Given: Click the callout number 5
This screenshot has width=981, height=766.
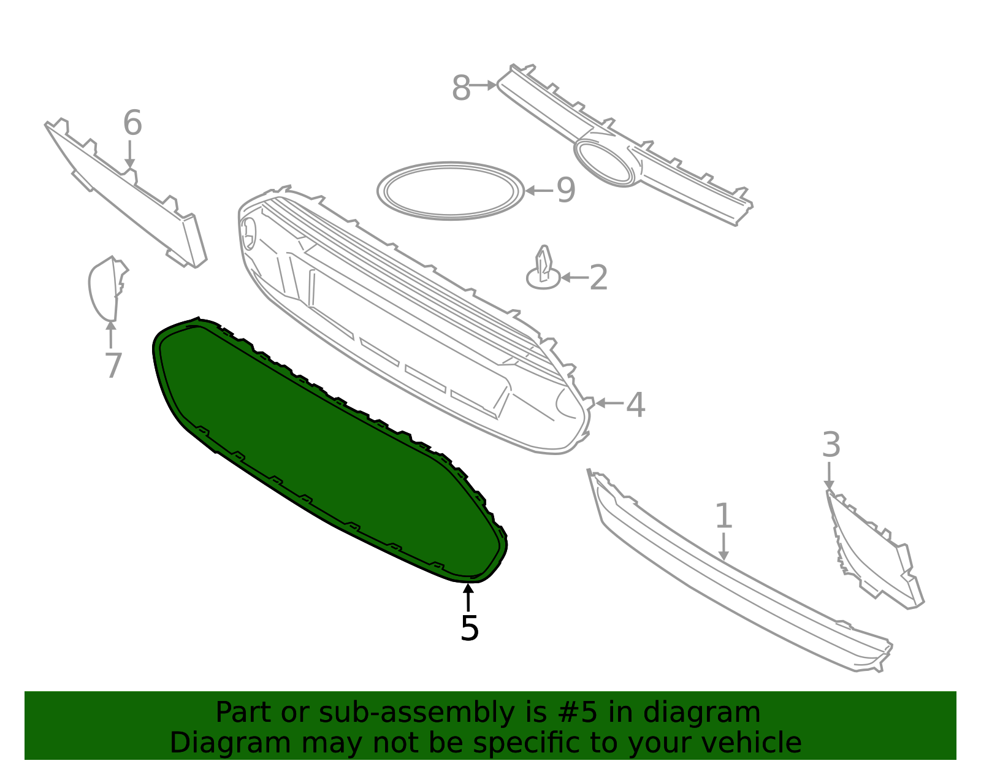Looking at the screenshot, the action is [x=469, y=628].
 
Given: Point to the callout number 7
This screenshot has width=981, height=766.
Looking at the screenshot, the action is [x=113, y=365].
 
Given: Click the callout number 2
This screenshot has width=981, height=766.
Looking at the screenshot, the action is [x=598, y=278].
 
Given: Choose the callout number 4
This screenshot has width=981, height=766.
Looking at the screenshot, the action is [x=636, y=404].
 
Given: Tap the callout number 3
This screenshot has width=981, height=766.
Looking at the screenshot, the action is [x=831, y=445].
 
